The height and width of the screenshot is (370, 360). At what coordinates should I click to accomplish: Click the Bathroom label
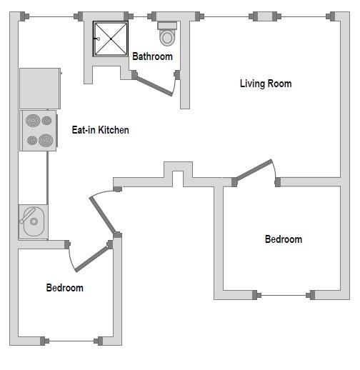coord(152,56)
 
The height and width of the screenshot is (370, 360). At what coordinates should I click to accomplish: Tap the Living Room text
coord(266,84)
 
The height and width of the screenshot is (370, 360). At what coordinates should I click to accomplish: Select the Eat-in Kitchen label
coord(101,130)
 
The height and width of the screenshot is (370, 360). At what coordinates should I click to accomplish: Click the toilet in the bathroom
coord(167,34)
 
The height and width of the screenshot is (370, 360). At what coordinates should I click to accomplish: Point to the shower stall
coord(111,39)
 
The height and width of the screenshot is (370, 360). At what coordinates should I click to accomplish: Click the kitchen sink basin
coord(34,221)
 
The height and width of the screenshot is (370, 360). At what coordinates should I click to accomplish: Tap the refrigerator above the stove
coord(40,89)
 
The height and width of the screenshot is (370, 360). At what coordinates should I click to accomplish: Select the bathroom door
coord(154,85)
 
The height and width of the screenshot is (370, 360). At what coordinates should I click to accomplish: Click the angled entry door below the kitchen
coord(103,215)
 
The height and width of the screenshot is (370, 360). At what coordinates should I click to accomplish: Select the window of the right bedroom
coord(284,295)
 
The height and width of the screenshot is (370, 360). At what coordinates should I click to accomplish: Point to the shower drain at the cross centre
coord(111,39)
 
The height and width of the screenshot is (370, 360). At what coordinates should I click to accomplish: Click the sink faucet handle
coord(28,215)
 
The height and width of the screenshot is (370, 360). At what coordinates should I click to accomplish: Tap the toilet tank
coord(167,25)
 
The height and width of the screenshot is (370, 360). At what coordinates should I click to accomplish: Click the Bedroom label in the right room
coord(284,239)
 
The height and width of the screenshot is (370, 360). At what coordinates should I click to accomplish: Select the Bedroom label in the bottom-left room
coord(65,288)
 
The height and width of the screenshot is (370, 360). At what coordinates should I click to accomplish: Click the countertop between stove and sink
coord(33,178)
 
